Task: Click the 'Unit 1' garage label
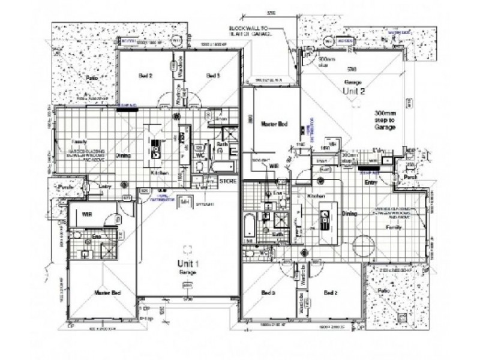coord(188,263)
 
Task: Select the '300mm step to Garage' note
coord(385,119)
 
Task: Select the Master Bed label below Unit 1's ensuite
coord(109,292)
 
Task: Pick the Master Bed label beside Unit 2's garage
coord(274,124)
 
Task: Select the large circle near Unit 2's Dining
coord(364,247)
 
